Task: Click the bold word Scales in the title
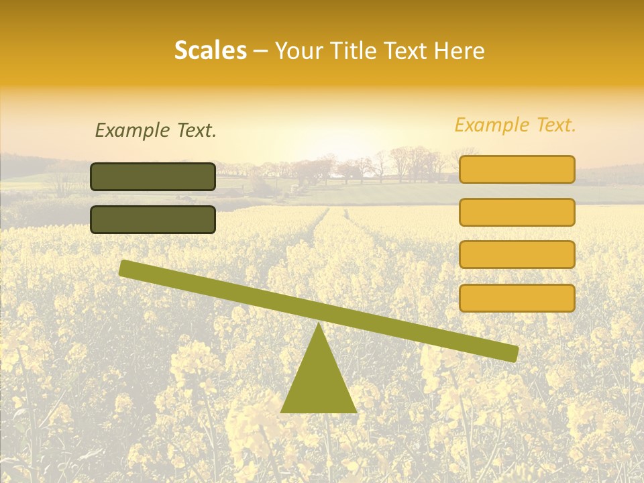(x=210, y=50)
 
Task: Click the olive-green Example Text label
(x=156, y=131)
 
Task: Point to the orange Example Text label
(x=515, y=125)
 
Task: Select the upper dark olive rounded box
(x=153, y=176)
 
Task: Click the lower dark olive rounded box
(x=153, y=219)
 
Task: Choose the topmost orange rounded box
(x=517, y=169)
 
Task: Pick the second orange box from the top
(x=517, y=212)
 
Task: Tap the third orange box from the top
(x=517, y=254)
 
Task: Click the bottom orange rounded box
(x=517, y=298)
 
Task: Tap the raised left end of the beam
(x=125, y=268)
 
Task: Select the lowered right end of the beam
(x=513, y=353)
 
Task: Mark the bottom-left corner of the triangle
(x=282, y=411)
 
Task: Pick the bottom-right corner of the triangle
(x=355, y=411)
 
